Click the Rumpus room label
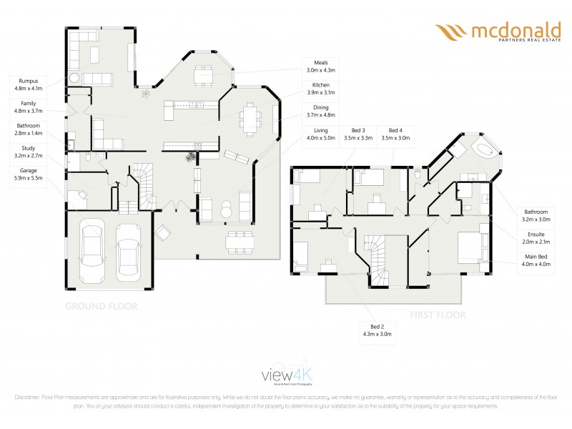click(29, 84)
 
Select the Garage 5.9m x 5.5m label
click(29, 174)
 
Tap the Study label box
click(29, 152)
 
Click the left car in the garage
click(92, 246)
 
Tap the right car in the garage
click(129, 247)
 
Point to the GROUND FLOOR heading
click(101, 305)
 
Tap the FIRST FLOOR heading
click(438, 315)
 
